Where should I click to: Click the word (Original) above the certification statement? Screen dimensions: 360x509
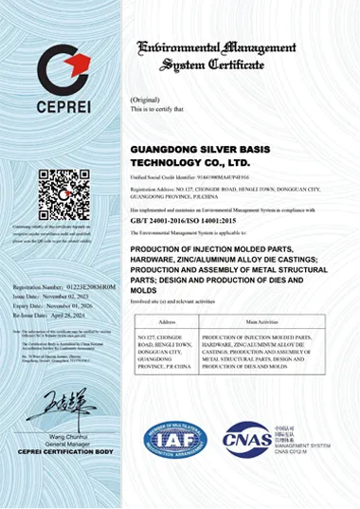point(144,100)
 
